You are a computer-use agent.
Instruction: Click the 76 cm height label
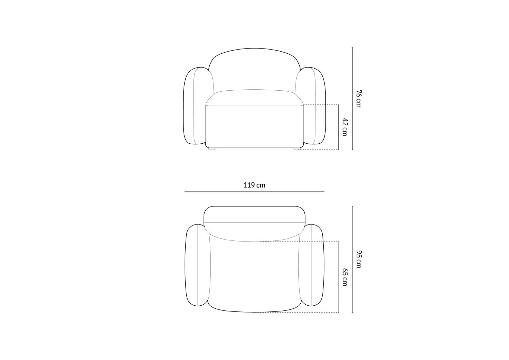pyautogui.click(x=358, y=98)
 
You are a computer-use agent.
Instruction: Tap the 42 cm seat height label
pyautogui.click(x=345, y=127)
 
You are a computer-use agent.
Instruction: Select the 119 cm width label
pyautogui.click(x=254, y=185)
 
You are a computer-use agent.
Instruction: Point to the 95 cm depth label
pyautogui.click(x=358, y=259)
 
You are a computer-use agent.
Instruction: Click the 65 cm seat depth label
pyautogui.click(x=345, y=277)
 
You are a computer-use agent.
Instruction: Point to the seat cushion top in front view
pyautogui.click(x=254, y=97)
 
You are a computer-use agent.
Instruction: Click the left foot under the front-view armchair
pyautogui.click(x=212, y=149)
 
